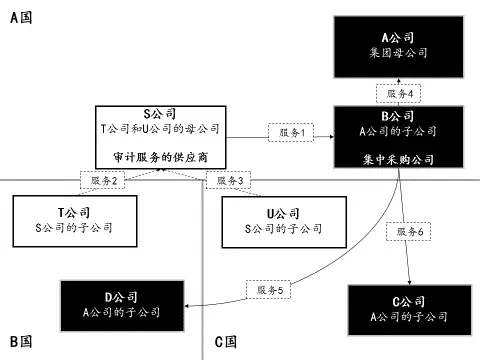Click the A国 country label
point(21,18)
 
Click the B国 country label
point(21,342)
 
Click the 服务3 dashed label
point(227,180)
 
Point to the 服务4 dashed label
point(399,93)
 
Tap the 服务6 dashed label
point(408,231)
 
